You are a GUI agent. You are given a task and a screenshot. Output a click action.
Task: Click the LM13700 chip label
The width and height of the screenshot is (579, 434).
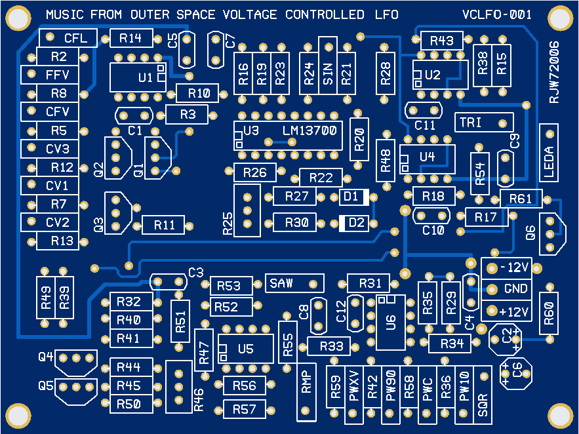(309, 130)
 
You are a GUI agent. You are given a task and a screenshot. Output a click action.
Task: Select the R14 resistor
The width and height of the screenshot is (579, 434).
(131, 38)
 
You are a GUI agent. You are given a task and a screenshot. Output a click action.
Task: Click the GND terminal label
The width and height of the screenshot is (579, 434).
(516, 289)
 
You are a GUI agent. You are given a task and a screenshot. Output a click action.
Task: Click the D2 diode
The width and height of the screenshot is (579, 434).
(354, 223)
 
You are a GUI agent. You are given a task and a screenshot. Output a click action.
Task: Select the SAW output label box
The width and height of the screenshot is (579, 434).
(295, 284)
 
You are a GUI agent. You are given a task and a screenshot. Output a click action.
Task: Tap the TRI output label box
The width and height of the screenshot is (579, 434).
(484, 122)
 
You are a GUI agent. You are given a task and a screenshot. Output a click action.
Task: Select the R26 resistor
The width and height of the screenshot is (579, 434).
(254, 173)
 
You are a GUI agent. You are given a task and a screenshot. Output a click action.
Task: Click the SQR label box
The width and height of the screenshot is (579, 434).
(483, 392)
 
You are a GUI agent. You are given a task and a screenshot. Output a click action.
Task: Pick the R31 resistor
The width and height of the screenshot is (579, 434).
(370, 284)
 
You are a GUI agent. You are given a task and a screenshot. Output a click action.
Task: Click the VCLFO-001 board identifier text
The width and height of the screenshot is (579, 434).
(496, 14)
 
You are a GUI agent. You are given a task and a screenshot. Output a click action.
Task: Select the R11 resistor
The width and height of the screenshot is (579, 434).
(164, 225)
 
